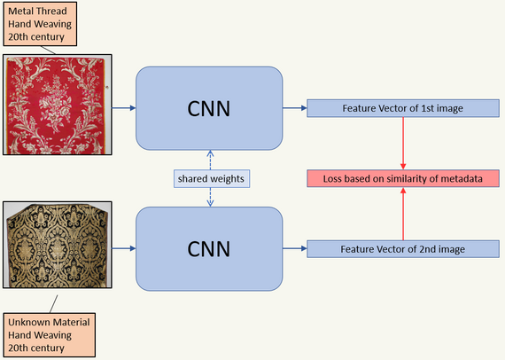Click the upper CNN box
click(x=209, y=108)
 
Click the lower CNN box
click(x=209, y=249)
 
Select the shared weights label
click(x=211, y=178)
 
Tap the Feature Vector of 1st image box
click(x=403, y=108)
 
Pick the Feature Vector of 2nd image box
click(x=403, y=249)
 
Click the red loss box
click(x=403, y=178)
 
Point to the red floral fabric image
click(x=58, y=105)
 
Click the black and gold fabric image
click(x=58, y=245)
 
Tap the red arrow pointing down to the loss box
click(x=403, y=144)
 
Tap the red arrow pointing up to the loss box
click(x=403, y=214)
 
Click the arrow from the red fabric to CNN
click(x=124, y=108)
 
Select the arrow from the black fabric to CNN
click(x=124, y=248)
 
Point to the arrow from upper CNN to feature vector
click(x=295, y=108)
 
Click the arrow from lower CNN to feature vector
click(x=295, y=248)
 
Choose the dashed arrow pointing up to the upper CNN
click(x=210, y=160)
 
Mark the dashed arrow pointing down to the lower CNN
click(x=210, y=197)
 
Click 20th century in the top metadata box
click(x=36, y=36)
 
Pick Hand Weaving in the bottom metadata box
click(x=40, y=335)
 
